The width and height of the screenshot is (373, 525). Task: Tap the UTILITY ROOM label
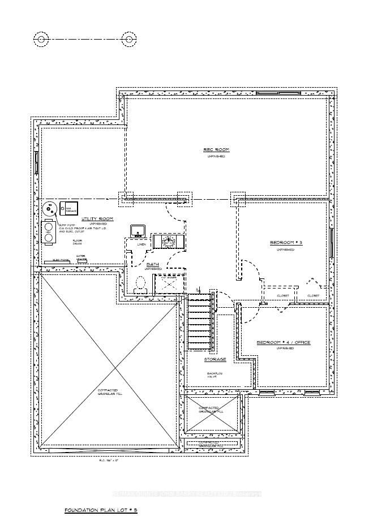97,218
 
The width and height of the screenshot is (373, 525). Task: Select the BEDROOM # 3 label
286,243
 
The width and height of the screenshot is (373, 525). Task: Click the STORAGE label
215,359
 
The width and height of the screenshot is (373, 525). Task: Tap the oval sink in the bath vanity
168,242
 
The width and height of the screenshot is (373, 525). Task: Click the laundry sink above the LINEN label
138,230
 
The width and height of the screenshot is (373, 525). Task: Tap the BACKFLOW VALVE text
215,376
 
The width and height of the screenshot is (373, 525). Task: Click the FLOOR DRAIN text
77,243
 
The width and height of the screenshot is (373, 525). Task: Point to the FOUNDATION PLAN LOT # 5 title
101,510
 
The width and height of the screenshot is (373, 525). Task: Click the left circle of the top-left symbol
41,39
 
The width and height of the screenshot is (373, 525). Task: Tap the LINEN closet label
142,244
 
